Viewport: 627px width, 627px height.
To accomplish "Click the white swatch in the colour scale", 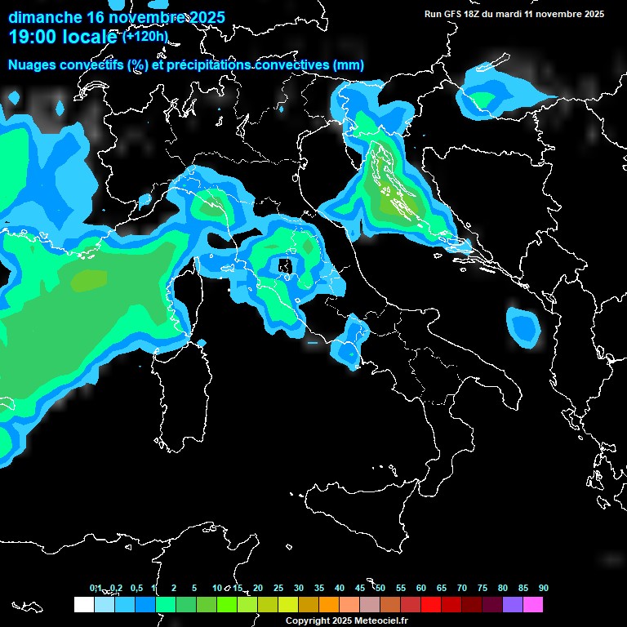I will pyautogui.click(x=83, y=604).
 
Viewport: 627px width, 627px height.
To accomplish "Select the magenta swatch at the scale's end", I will pyautogui.click(x=532, y=604).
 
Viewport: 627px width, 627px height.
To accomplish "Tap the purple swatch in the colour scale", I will pyautogui.click(x=512, y=604).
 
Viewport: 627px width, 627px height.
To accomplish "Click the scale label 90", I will pyautogui.click(x=544, y=588).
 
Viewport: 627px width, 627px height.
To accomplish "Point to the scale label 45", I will pyautogui.click(x=360, y=588).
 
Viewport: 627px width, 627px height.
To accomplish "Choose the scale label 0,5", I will pyautogui.click(x=136, y=588).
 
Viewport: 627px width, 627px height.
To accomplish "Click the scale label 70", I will pyautogui.click(x=462, y=588).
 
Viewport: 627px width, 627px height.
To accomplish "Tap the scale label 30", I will pyautogui.click(x=299, y=588).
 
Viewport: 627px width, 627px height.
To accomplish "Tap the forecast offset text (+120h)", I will pyautogui.click(x=145, y=36).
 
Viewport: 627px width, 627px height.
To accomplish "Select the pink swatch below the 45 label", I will pyautogui.click(x=369, y=604).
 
